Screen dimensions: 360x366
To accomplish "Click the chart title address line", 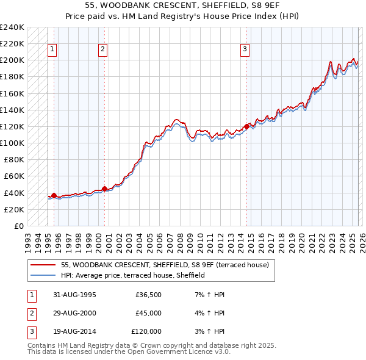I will pos(183,6).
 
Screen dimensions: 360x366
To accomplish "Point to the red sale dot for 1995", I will pos(54,195).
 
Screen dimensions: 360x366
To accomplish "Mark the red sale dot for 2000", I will pos(104,189).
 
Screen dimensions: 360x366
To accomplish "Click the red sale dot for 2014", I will pos(246,126).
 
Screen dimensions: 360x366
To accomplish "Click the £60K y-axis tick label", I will pos(13,176).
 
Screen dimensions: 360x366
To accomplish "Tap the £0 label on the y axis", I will pos(18,226).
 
